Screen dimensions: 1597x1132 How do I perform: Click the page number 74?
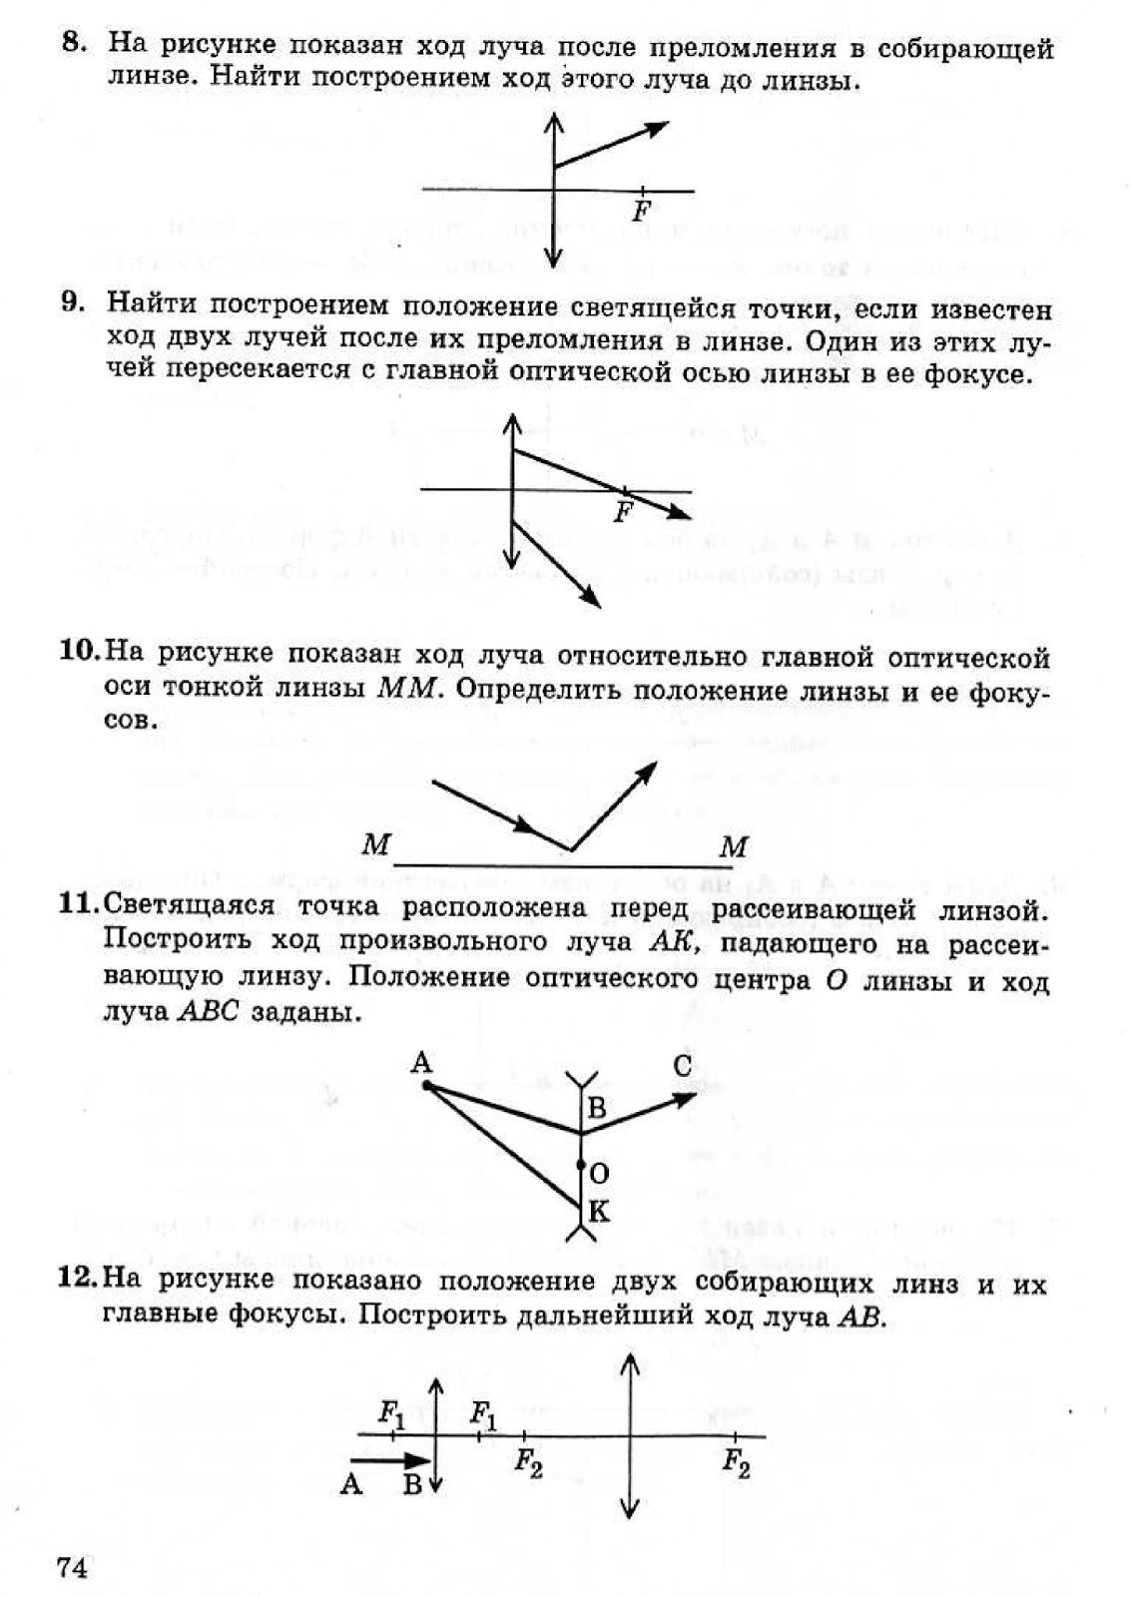coord(73,1568)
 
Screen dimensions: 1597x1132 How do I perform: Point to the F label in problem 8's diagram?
coord(642,213)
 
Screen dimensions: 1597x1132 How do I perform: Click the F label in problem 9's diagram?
coord(623,514)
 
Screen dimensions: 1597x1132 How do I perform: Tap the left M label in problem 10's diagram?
coord(375,845)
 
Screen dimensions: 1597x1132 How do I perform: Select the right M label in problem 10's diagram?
coord(734,847)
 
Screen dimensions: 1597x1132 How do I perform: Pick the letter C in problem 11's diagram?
coord(683,1067)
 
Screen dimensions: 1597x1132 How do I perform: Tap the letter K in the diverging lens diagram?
coord(599,1212)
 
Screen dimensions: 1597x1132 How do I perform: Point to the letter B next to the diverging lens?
coord(597,1108)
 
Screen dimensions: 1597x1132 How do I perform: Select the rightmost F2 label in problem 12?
coord(736,1464)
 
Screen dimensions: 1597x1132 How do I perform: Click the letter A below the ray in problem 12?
coord(350,1484)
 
